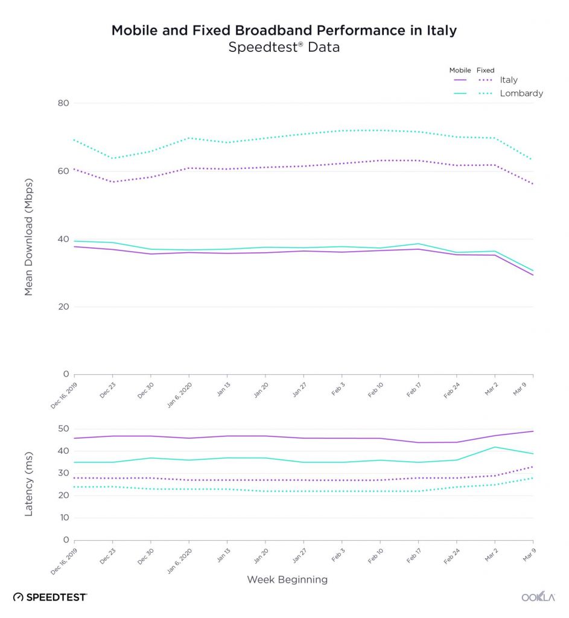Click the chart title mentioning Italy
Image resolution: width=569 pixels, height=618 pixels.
pos(284,31)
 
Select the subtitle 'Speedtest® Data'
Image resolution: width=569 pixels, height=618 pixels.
pos(284,48)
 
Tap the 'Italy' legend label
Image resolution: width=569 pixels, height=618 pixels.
pos(509,80)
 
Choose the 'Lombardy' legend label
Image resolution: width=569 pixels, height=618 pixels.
pos(521,94)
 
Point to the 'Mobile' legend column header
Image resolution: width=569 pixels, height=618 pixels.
pos(460,71)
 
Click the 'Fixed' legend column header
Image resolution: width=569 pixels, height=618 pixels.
pos(486,71)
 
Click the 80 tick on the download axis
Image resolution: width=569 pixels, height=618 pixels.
pos(63,103)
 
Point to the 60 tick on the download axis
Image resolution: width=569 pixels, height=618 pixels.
pos(63,171)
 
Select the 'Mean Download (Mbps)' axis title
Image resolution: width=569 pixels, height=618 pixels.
pos(28,240)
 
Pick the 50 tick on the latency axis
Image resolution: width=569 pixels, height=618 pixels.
pos(63,428)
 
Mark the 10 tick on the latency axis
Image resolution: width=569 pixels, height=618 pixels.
pos(63,518)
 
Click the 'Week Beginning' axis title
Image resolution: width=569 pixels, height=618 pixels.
pos(287,580)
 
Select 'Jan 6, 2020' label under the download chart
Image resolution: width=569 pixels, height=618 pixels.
pos(180,393)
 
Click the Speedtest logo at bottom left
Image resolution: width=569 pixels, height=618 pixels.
pos(50,597)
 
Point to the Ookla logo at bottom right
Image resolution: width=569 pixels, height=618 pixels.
pos(538,597)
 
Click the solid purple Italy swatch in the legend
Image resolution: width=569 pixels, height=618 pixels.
pos(460,80)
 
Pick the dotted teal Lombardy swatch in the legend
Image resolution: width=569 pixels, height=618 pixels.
pos(486,94)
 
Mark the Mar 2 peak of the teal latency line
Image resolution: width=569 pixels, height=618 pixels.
pos(495,447)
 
